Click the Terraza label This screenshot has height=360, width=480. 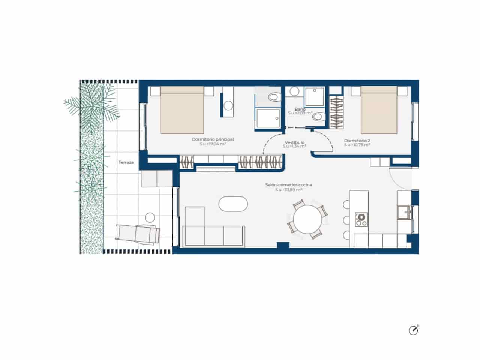click(x=126, y=162)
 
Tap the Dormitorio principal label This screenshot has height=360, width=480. click(x=213, y=139)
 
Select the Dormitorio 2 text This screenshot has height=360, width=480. click(x=357, y=141)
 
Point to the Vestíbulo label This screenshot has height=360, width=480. click(x=294, y=142)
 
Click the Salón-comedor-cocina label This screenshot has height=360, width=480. click(x=289, y=185)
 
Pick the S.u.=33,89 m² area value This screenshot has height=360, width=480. click(x=289, y=190)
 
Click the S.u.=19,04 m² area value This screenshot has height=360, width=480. click(x=213, y=144)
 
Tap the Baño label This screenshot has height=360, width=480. click(x=300, y=109)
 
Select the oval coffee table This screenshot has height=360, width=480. click(x=233, y=204)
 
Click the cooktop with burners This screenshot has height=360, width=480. click(x=361, y=219)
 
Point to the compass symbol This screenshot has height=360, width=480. click(x=413, y=330)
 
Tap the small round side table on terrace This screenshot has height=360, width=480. click(x=150, y=217)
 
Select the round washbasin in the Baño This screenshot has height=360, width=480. click(x=294, y=91)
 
